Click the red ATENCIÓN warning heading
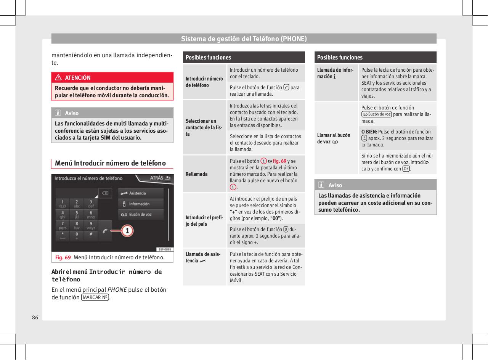(78, 78)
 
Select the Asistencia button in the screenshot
(137, 193)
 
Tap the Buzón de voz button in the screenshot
(140, 215)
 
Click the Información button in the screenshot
(139, 204)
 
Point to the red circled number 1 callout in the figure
(128, 231)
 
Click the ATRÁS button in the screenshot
(157, 178)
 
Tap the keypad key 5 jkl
(77, 215)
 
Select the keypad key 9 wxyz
(91, 225)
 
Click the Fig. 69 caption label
(63, 257)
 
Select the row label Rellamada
(196, 174)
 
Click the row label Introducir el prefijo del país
(204, 220)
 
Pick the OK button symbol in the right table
(406, 169)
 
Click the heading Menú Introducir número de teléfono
(110, 163)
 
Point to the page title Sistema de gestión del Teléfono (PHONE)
(244, 39)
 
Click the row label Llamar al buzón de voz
(333, 138)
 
